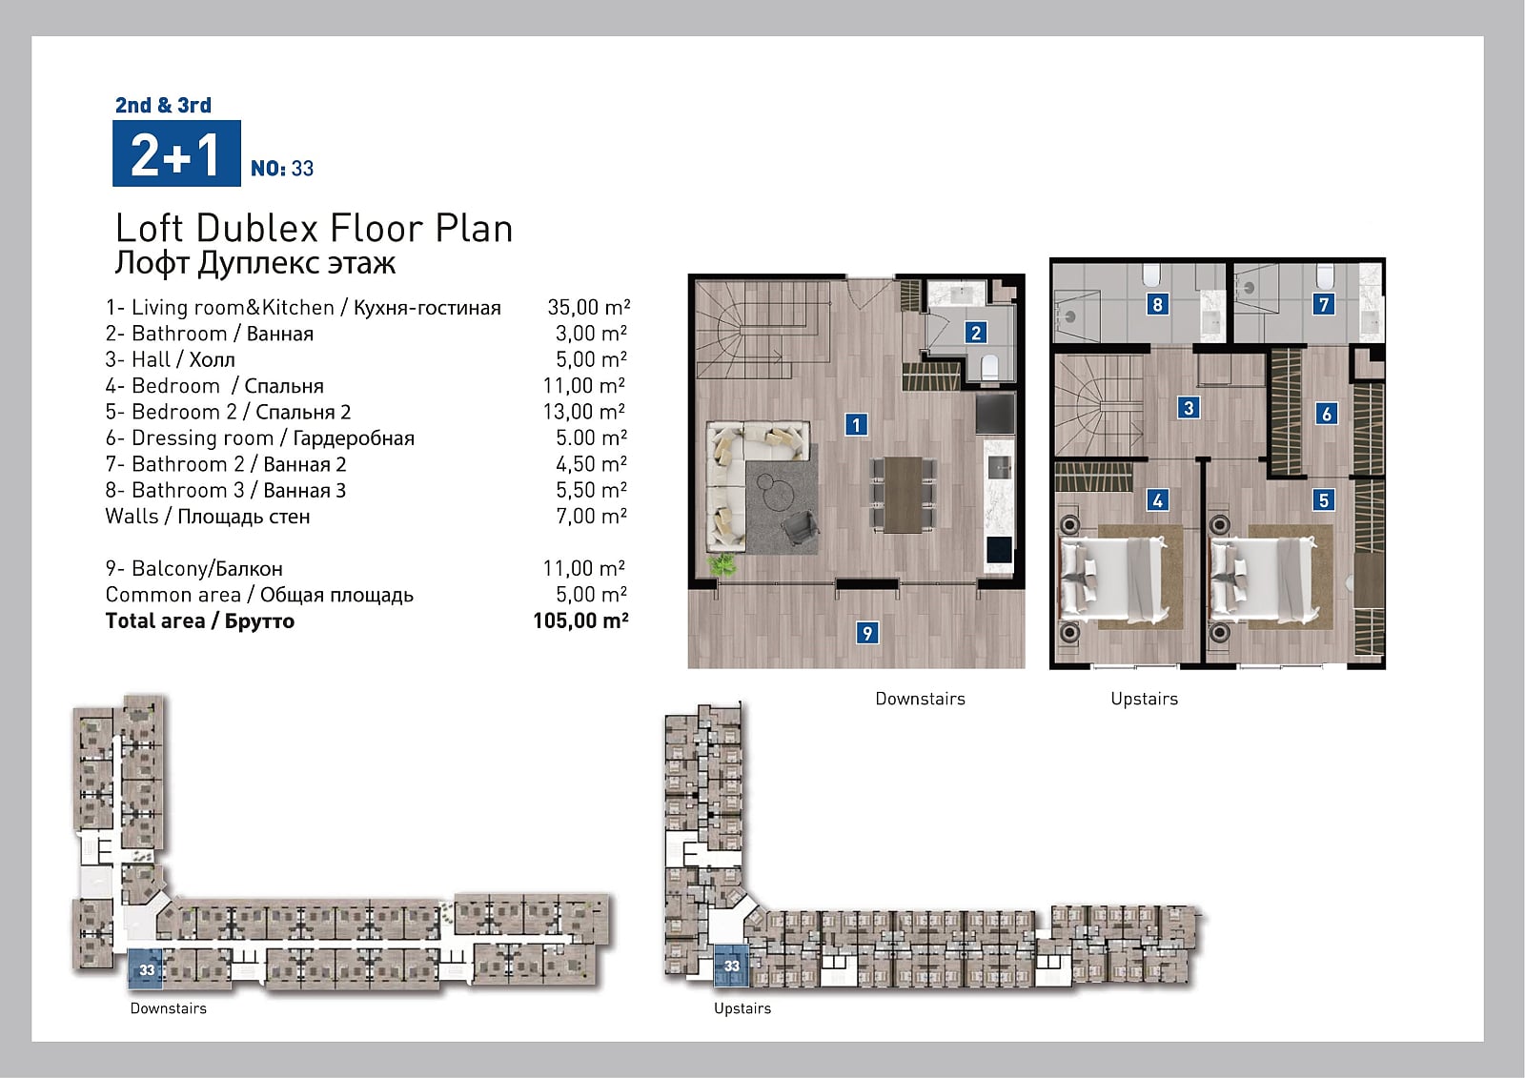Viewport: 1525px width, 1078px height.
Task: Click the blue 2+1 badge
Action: click(x=176, y=153)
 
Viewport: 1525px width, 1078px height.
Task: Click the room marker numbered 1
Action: click(x=856, y=425)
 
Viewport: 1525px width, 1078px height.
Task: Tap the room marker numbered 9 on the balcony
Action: click(x=866, y=633)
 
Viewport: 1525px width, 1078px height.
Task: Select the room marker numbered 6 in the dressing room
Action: click(x=1326, y=414)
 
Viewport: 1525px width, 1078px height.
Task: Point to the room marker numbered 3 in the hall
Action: click(x=1189, y=408)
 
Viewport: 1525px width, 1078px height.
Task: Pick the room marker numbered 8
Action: click(x=1157, y=304)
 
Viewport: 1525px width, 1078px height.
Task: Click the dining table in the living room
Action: click(x=903, y=495)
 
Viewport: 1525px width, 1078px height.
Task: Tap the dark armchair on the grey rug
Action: click(x=800, y=528)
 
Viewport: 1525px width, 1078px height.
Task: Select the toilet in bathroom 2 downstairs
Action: click(x=989, y=368)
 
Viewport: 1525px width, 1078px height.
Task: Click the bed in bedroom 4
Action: click(x=1111, y=579)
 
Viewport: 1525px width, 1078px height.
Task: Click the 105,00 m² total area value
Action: click(x=580, y=620)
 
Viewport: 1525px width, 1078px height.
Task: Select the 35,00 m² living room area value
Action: click(x=589, y=307)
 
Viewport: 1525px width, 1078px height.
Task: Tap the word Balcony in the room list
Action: click(x=168, y=569)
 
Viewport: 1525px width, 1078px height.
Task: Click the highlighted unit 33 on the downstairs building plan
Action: click(x=146, y=968)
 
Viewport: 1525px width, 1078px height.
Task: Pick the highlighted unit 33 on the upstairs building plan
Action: click(x=731, y=966)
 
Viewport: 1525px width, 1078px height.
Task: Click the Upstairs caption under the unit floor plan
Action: click(x=1144, y=700)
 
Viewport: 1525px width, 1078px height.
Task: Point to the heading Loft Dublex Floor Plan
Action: click(x=314, y=228)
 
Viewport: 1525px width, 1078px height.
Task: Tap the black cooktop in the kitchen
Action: click(x=995, y=414)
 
